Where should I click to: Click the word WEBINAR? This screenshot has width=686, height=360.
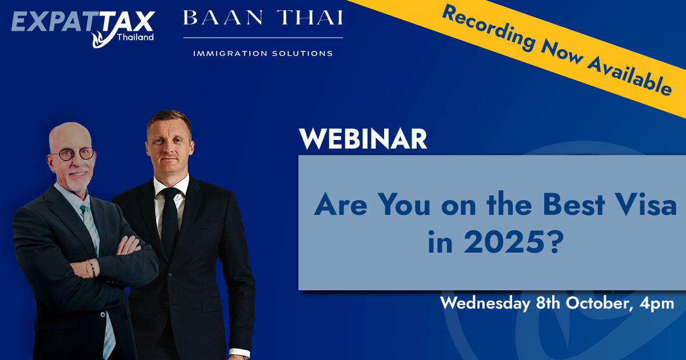click(x=363, y=139)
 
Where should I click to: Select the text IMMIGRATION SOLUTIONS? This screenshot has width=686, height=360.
click(x=263, y=53)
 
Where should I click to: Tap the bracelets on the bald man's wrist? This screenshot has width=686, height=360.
click(x=91, y=267)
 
